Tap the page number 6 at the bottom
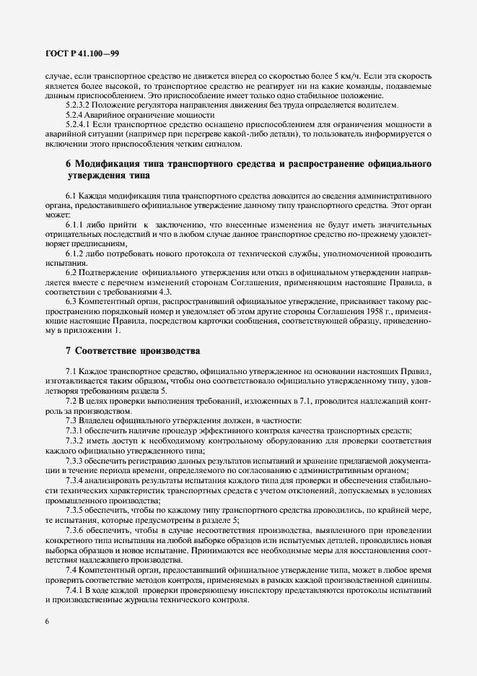tap(47, 623)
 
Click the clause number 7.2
tap(71, 401)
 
